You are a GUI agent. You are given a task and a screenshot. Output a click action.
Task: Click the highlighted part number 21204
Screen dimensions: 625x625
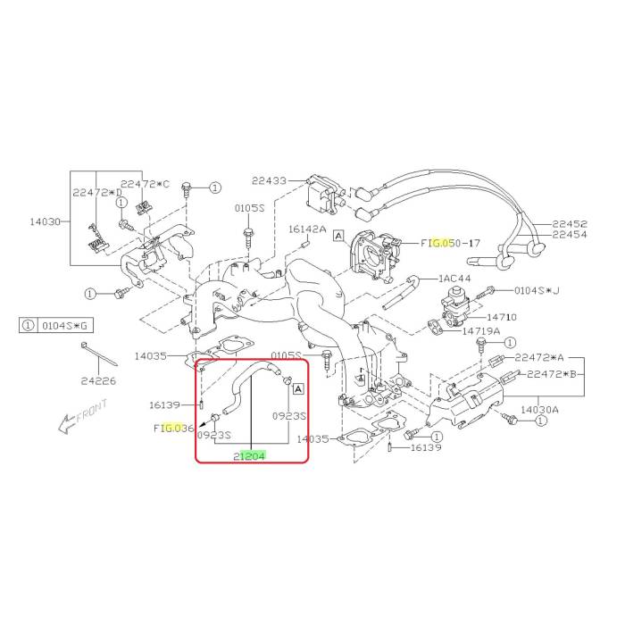pos(249,456)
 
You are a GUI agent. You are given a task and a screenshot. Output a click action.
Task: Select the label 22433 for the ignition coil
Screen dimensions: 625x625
pos(269,180)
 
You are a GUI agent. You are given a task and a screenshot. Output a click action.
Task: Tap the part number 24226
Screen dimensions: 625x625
pos(98,381)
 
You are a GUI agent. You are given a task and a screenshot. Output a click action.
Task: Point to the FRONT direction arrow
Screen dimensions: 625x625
pos(82,416)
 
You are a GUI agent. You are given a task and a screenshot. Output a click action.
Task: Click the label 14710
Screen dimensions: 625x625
pos(502,317)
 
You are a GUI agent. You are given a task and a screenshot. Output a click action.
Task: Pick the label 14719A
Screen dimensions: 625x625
pos(481,331)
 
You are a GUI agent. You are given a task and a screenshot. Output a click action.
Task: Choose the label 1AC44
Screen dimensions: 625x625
pos(454,279)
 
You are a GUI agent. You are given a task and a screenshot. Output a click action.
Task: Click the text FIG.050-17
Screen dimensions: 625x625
pos(450,243)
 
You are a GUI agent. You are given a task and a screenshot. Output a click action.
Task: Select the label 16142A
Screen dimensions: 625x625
pos(307,229)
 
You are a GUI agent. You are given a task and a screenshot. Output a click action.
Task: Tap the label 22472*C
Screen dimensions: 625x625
pos(145,184)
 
